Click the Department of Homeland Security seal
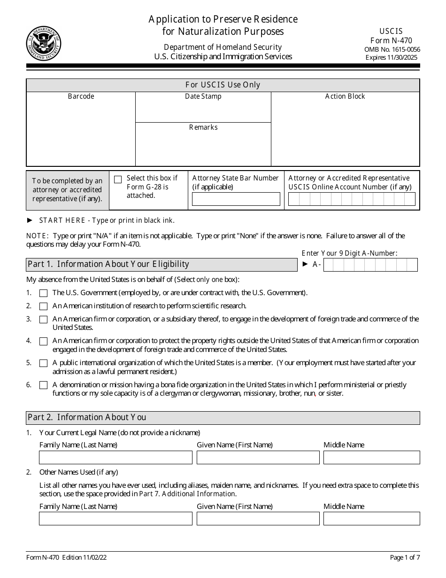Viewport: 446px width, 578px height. tap(44, 44)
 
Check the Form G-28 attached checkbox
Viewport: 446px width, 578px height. tap(118, 179)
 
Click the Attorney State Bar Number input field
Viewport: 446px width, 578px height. tap(236, 199)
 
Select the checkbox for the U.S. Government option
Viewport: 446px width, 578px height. tap(44, 293)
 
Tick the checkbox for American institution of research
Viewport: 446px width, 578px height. tap(44, 306)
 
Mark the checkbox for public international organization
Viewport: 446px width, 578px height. tap(44, 363)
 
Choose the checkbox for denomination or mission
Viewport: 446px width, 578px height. tap(44, 385)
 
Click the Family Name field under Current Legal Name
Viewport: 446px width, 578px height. tap(115, 457)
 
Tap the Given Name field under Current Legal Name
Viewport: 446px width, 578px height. tap(258, 457)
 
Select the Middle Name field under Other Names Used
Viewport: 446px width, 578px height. tap(371, 519)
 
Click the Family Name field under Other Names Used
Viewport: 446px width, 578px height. tap(115, 519)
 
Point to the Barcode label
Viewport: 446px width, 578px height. tap(81, 96)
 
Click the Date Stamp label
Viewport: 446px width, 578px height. tap(203, 96)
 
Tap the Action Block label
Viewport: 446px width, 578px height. tap(345, 96)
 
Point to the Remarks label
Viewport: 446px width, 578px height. tap(203, 127)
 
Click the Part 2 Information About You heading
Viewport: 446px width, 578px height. tap(87, 417)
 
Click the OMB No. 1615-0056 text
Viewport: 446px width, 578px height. tap(392, 49)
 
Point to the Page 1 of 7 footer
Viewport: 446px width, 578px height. tap(405, 558)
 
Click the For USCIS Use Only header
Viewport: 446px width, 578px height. tap(223, 85)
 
